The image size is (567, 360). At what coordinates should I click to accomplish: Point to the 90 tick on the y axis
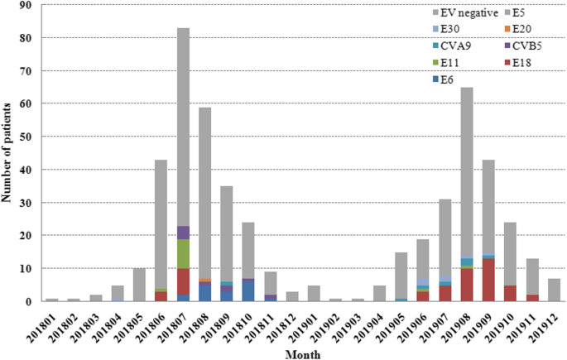tap(27, 5)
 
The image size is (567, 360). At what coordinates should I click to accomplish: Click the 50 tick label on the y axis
tap(27, 137)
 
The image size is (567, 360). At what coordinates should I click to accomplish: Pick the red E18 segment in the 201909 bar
tap(488, 281)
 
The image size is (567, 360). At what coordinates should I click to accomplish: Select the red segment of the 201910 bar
tap(510, 294)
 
